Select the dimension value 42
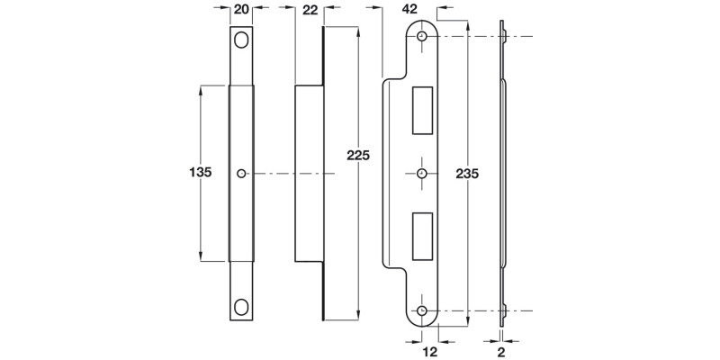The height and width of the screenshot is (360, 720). (x=410, y=9)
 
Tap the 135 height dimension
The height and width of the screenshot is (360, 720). (x=200, y=173)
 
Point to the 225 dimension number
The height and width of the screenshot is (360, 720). (x=358, y=155)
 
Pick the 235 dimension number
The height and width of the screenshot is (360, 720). (x=467, y=173)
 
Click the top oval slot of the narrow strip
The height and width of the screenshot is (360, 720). (x=240, y=41)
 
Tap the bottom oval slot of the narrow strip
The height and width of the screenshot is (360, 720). (x=240, y=304)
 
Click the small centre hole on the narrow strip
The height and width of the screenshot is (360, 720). (x=240, y=173)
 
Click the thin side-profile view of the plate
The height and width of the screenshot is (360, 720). (x=501, y=173)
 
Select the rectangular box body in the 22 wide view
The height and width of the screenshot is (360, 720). (x=310, y=173)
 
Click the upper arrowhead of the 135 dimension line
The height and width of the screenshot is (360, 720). (x=200, y=88)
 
